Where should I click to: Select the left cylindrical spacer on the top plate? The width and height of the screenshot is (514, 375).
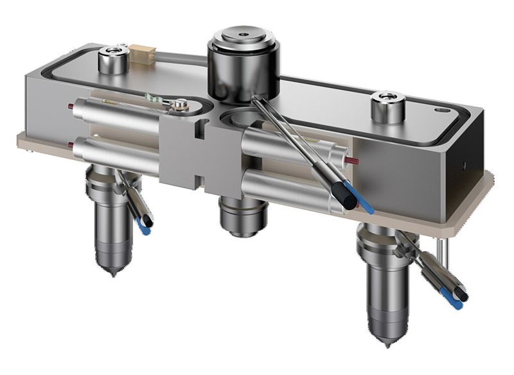click(113, 59)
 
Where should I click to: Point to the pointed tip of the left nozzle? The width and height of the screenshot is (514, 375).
click(113, 274)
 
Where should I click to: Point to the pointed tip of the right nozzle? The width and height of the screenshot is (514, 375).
click(387, 345)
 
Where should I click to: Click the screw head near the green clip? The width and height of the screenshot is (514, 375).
click(183, 103)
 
